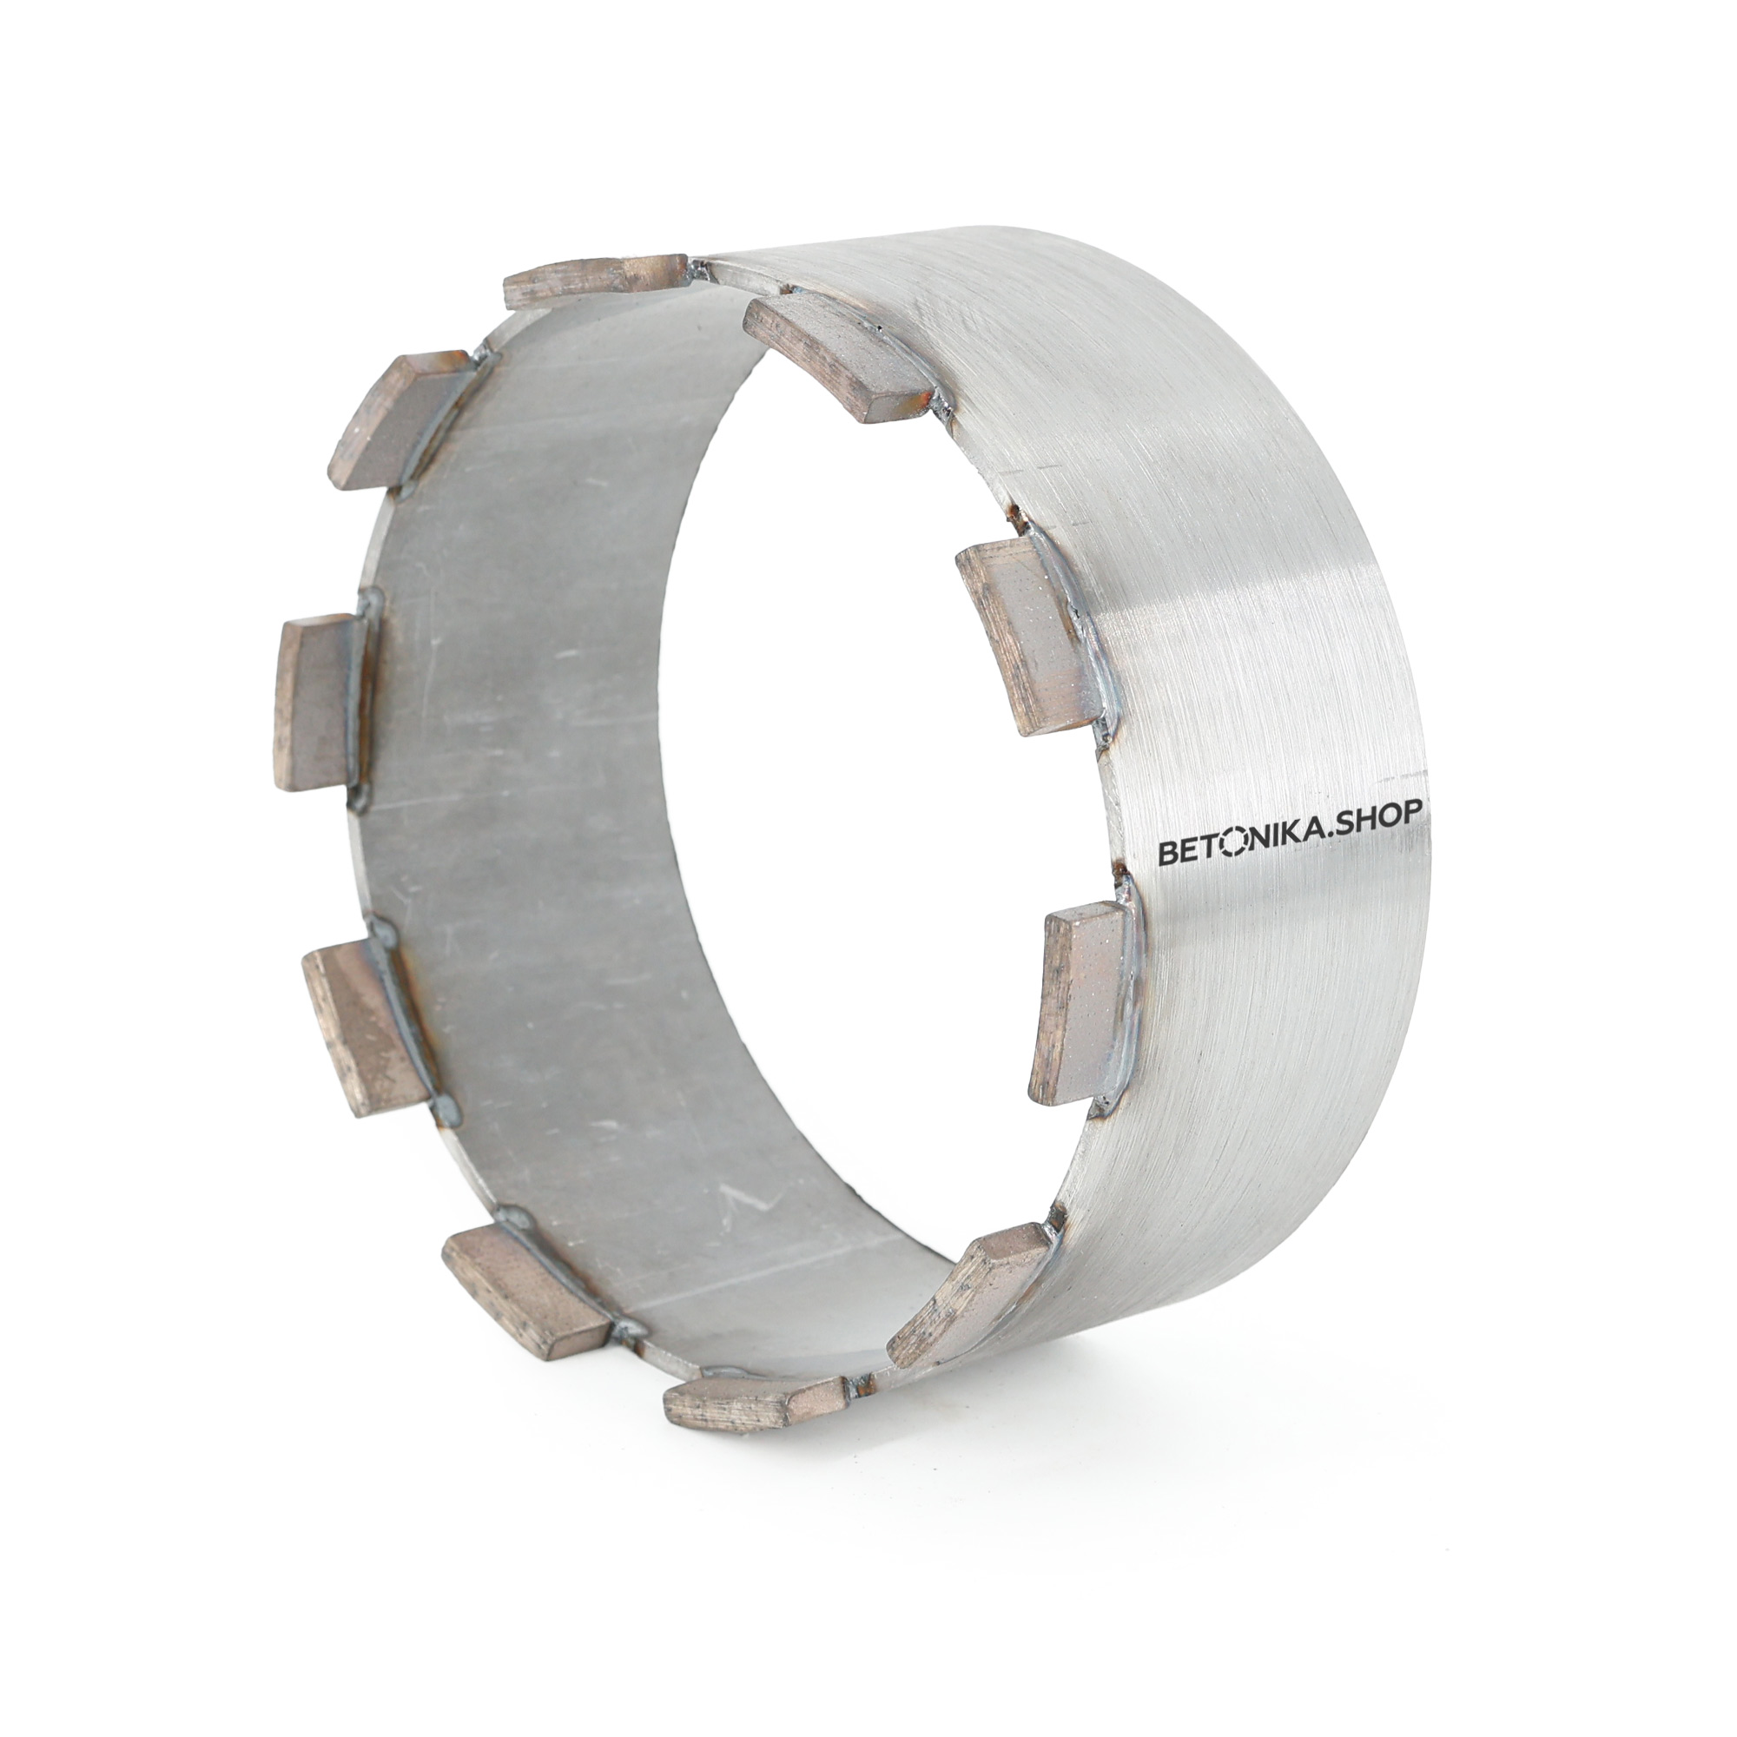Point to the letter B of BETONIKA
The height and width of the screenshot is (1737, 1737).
click(1166, 855)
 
